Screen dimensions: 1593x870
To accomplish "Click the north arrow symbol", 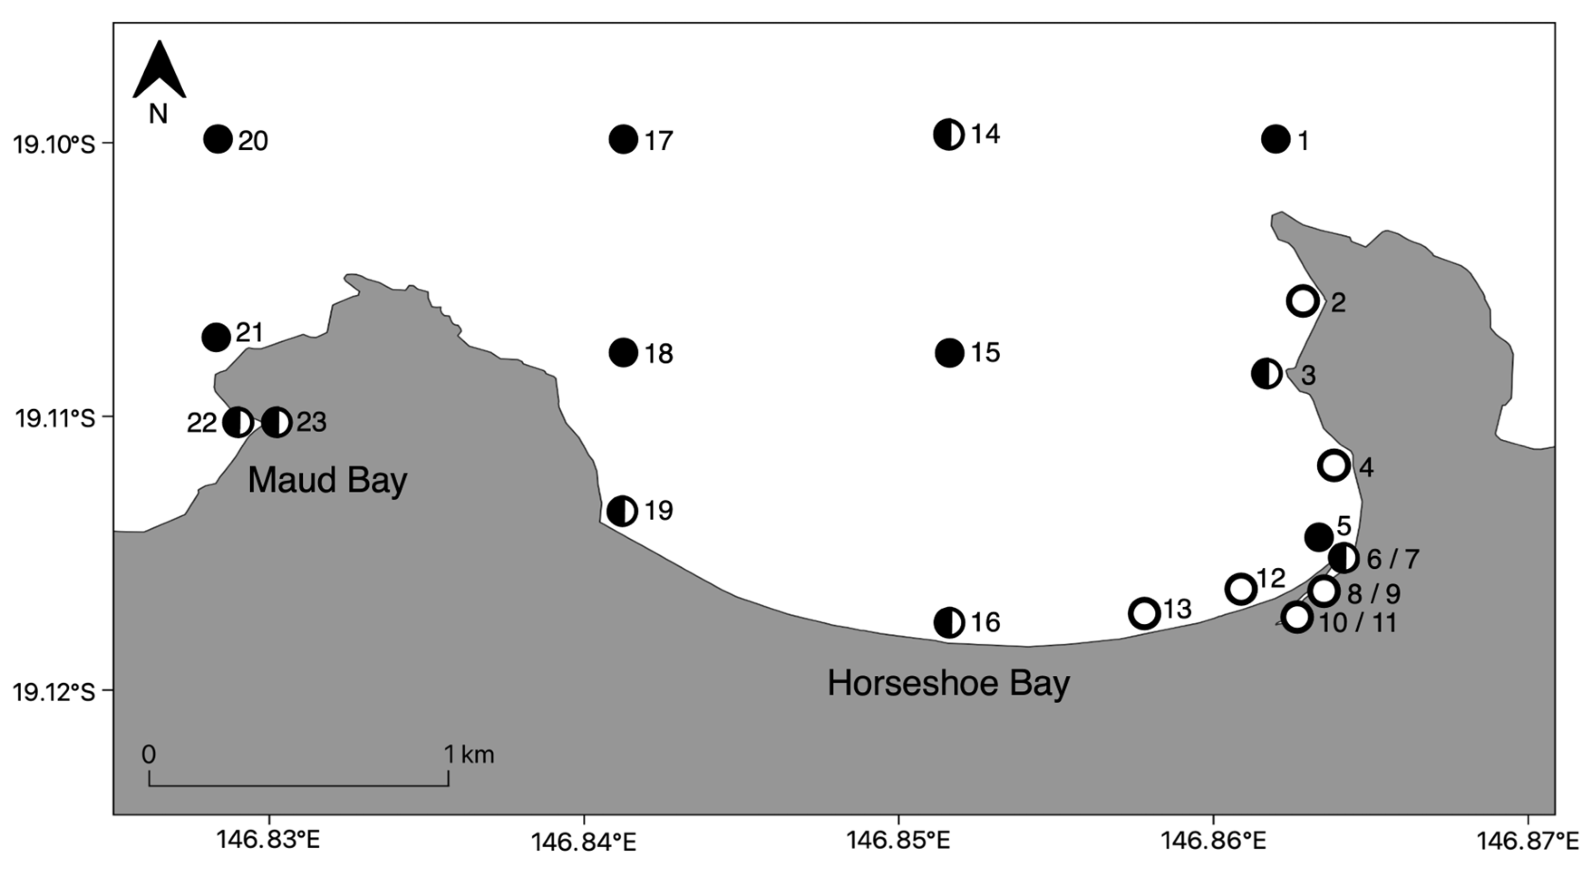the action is (159, 71).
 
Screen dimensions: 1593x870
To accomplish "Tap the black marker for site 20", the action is (217, 139).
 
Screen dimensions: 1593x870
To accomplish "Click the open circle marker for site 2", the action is (1303, 301).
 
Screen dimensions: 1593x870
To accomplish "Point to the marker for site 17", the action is (623, 140).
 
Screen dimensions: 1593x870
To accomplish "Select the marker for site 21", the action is (216, 337).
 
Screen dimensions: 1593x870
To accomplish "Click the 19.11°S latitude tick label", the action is (55, 419).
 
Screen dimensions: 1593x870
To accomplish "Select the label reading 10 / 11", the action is (1358, 623).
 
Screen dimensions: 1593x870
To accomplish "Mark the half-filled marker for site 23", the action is (276, 422).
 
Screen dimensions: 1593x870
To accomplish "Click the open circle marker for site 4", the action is (1334, 465).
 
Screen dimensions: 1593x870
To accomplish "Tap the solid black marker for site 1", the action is (1276, 139).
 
